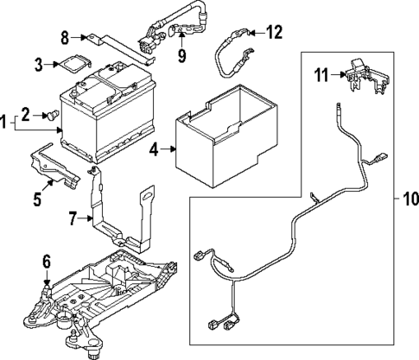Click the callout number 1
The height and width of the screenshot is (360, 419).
click(6, 123)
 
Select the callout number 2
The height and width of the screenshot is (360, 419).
click(27, 113)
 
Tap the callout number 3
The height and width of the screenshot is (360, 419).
click(40, 64)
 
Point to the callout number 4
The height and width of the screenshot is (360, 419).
click(153, 150)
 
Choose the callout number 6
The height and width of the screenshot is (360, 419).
click(47, 260)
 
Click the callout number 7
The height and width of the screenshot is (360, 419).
click(73, 219)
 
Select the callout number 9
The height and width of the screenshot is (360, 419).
click(181, 57)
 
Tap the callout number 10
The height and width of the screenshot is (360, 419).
click(405, 201)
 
